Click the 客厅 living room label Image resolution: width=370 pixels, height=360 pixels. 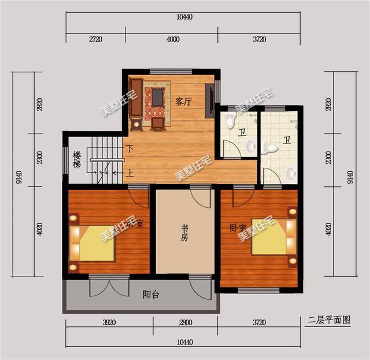pyautogui.click(x=183, y=102)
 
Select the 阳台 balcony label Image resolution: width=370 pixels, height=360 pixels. pyautogui.click(x=151, y=294)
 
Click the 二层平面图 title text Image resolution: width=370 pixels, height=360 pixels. pyautogui.click(x=330, y=320)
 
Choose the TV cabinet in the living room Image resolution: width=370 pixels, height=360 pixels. pyautogui.click(x=210, y=100)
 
